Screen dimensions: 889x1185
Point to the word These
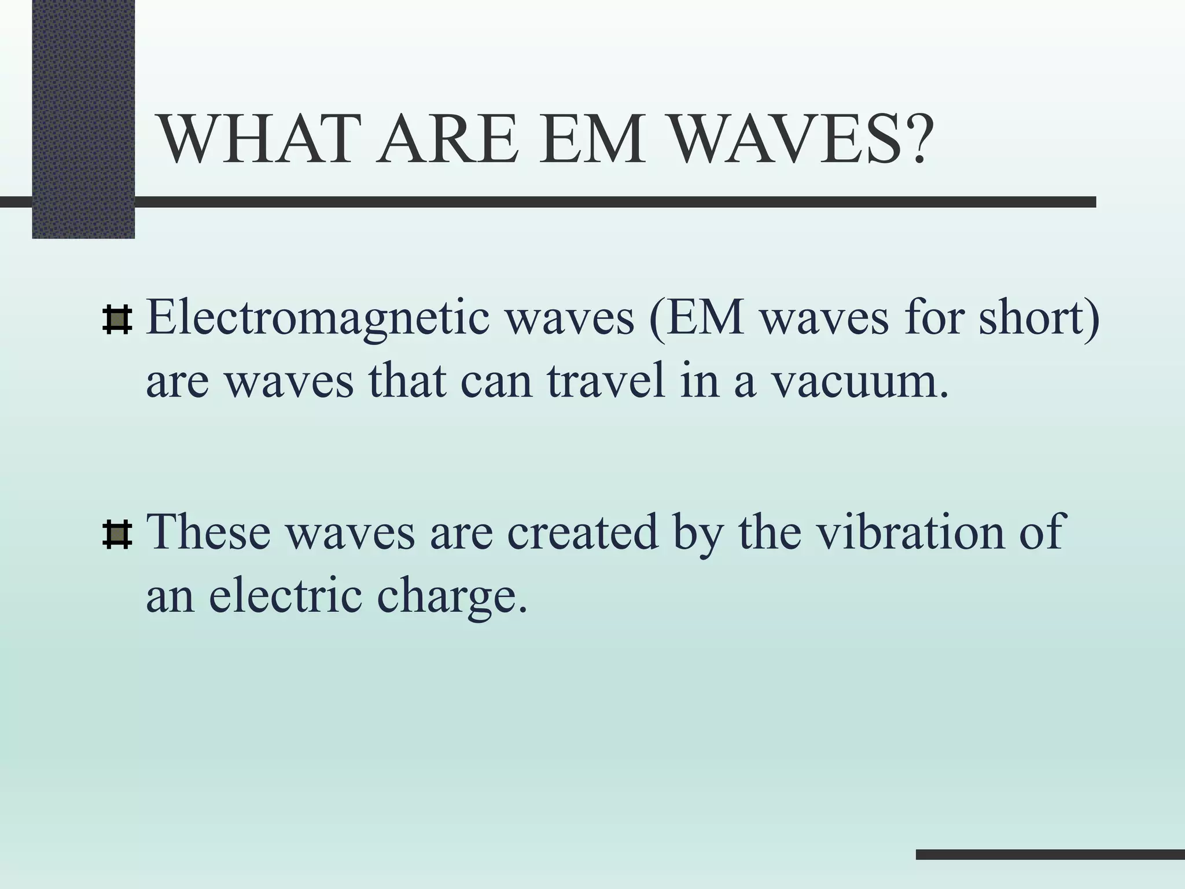pos(209,532)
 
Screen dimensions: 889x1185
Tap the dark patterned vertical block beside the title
pos(83,119)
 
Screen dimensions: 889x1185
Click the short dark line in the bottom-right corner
pos(1050,854)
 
